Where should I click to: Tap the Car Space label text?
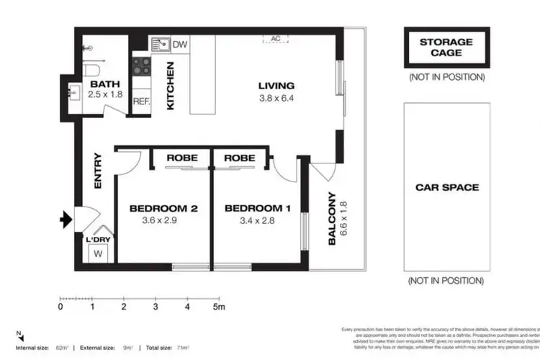coord(446,187)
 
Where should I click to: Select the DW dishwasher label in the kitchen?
coord(181,45)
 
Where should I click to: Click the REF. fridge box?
coord(141,102)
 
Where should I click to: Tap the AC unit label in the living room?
coord(275,38)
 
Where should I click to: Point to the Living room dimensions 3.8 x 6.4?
coord(277,100)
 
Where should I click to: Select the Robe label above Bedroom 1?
coord(236,158)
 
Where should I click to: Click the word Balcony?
coord(333,217)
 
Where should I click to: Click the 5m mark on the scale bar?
coord(219,307)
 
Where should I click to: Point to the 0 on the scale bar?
coord(60,307)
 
